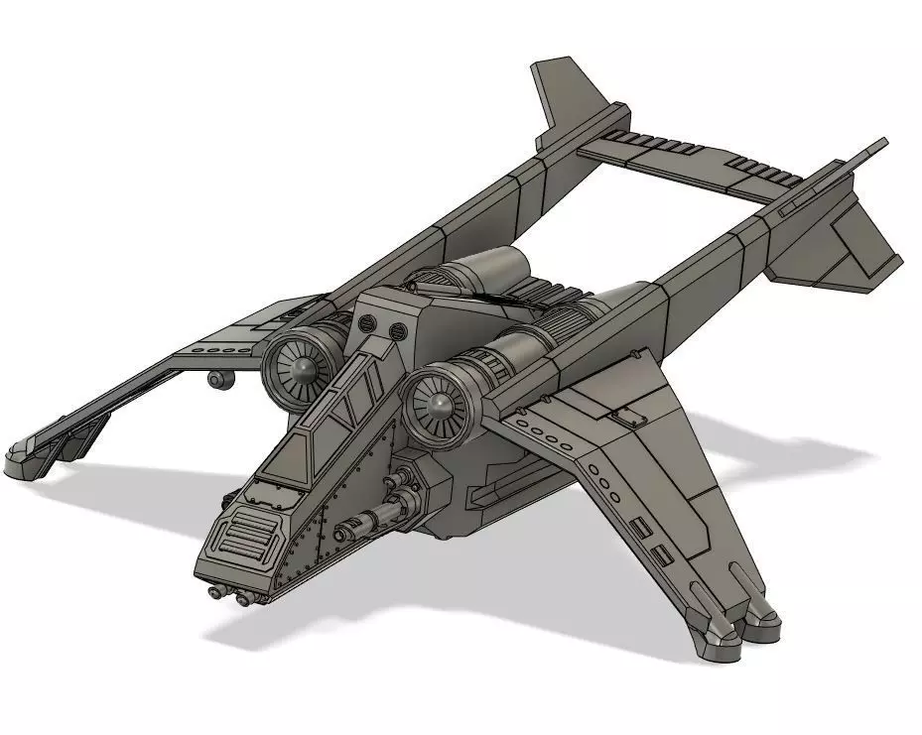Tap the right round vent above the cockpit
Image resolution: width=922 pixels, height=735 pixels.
coord(397,330)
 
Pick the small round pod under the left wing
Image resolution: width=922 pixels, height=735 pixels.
coord(215,379)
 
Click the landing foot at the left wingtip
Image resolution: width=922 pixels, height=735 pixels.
coord(25,462)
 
